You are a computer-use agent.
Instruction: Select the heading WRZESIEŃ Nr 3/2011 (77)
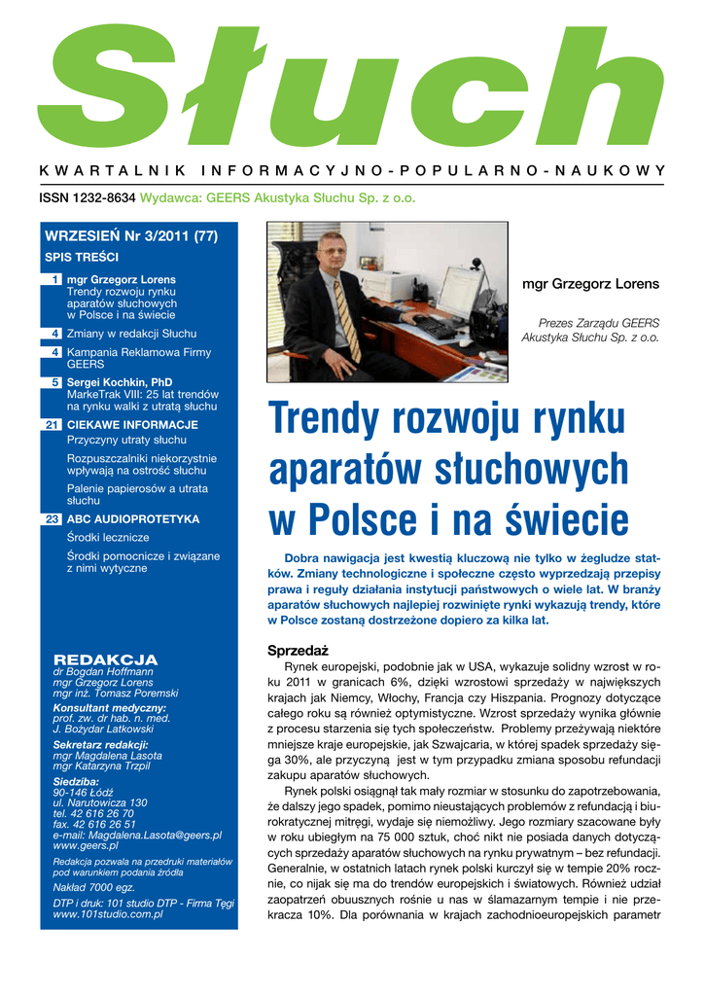[130, 236]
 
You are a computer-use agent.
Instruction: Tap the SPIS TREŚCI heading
[82, 257]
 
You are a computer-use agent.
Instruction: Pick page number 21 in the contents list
[54, 425]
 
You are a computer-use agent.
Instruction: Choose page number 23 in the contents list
[54, 519]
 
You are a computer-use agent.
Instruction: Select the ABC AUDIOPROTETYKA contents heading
[132, 519]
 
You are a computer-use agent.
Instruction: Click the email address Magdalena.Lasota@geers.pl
[137, 835]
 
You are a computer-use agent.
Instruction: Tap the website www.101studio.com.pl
[107, 914]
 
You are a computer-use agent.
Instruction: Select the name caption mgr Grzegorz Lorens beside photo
[590, 284]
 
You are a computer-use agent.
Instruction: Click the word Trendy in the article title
[326, 419]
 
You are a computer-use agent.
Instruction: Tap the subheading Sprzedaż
[298, 650]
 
